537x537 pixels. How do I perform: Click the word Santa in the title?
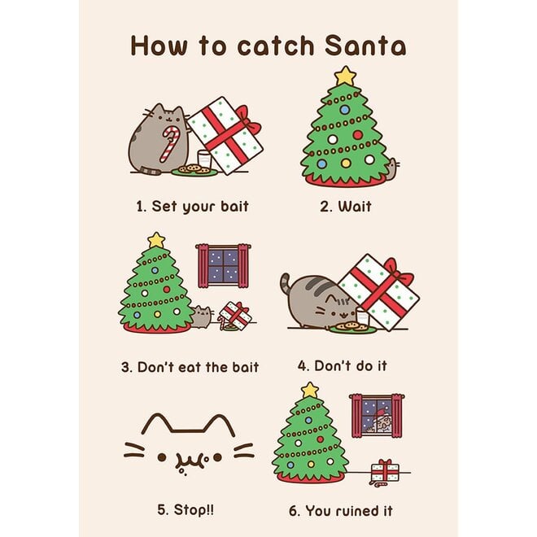click(361, 46)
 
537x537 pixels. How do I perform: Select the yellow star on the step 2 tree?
click(345, 76)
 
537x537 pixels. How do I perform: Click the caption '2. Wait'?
click(345, 207)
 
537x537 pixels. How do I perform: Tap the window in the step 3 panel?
click(222, 265)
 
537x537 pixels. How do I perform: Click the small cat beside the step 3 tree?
click(201, 316)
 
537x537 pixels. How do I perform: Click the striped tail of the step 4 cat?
click(286, 284)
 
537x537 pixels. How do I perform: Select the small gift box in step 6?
click(383, 470)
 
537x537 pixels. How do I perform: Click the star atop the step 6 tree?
click(309, 391)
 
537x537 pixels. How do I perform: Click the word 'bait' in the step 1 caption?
click(232, 207)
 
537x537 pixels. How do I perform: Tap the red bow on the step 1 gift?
click(248, 127)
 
